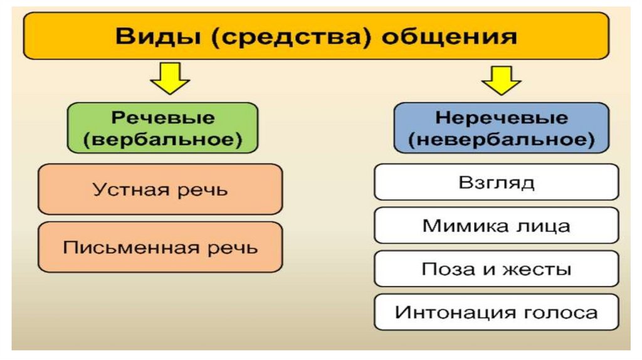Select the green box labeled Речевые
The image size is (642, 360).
coord(162,127)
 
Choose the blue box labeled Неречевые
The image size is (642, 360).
coord(501,127)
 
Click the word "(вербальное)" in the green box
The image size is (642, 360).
coord(162,139)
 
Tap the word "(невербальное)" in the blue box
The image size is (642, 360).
coord(501,139)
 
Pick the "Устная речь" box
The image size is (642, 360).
coord(160,189)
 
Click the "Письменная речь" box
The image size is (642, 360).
coord(160,247)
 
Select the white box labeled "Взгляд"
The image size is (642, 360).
coord(496,183)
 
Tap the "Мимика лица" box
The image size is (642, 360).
coord(496,226)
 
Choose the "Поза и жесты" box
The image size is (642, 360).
coord(496,269)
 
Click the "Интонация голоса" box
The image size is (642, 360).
coord(496,312)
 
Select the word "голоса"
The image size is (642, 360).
coord(562,312)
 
